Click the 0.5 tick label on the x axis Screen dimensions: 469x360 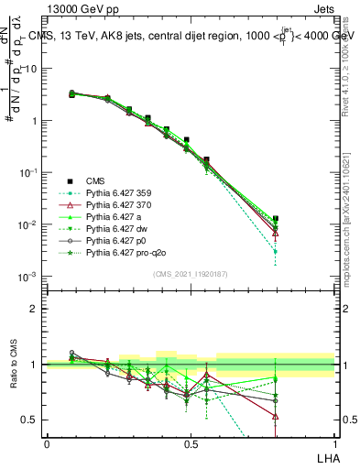pyautogui.click(x=191, y=443)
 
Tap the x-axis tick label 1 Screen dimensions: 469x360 pyautogui.click(x=335, y=443)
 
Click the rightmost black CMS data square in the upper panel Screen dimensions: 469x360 pyautogui.click(x=327, y=219)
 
